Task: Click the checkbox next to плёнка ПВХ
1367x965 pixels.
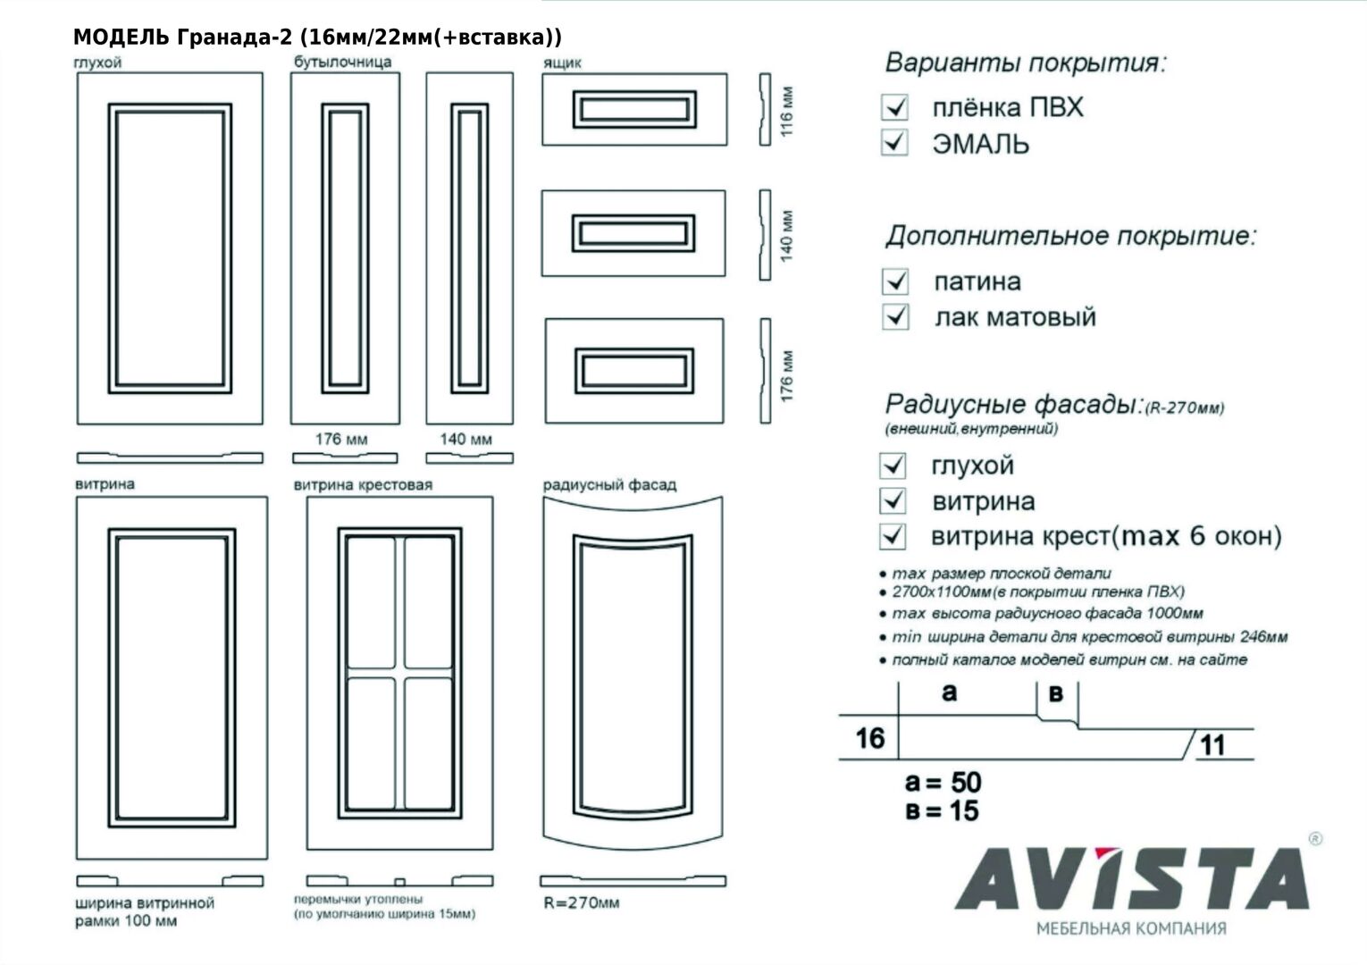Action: (x=894, y=107)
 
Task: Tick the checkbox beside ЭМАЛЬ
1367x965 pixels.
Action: (x=894, y=142)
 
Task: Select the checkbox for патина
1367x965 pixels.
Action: (x=895, y=281)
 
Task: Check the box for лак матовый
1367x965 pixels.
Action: (x=895, y=316)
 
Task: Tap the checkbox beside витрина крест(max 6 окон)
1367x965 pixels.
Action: (x=893, y=536)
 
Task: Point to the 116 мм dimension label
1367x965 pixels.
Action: (x=786, y=110)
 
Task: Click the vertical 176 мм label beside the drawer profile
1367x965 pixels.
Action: (x=786, y=374)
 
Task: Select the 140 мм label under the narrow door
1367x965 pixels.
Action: (x=465, y=440)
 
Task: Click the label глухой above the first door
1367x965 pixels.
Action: (x=97, y=63)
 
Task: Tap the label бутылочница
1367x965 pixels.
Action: (x=343, y=62)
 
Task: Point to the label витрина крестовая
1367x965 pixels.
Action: (x=363, y=484)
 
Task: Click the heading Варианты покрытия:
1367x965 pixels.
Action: (x=1026, y=63)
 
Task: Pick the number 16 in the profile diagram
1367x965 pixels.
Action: (x=869, y=739)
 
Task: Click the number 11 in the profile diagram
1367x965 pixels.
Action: (x=1212, y=745)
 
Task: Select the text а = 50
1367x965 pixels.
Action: (x=943, y=783)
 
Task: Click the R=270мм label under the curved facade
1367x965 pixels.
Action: (x=582, y=902)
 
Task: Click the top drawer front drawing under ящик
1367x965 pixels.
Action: (x=633, y=110)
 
